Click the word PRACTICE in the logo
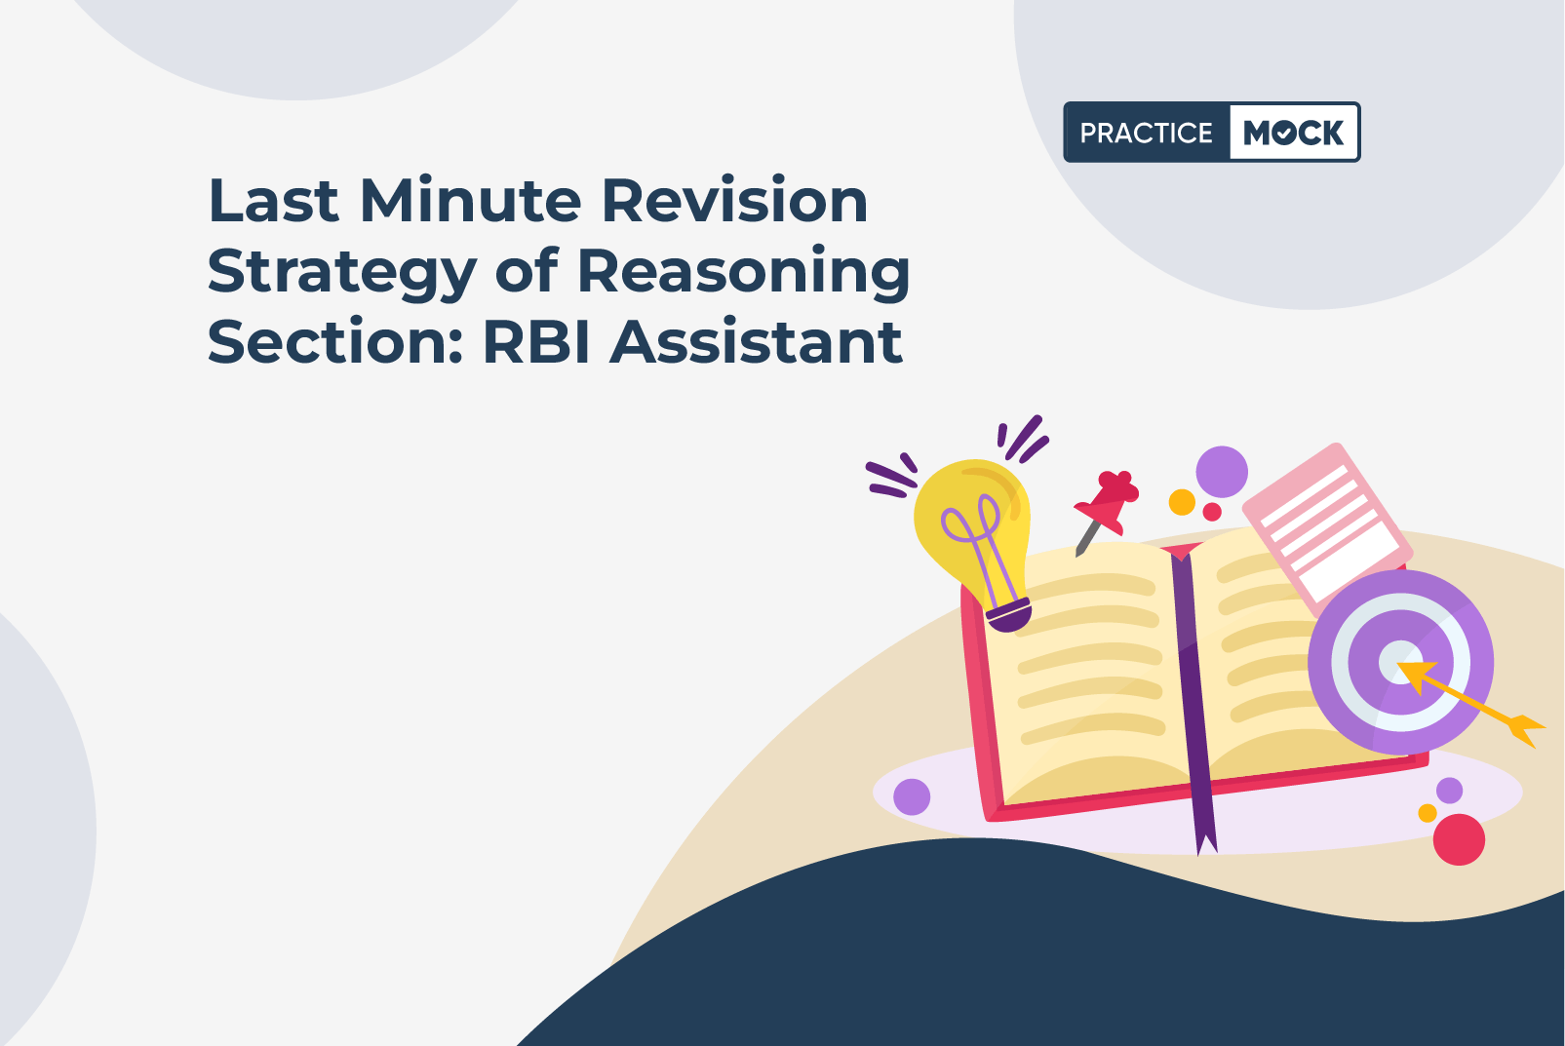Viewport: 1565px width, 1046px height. click(x=1146, y=133)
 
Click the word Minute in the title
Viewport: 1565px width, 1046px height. click(x=470, y=201)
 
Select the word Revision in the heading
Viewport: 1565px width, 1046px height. click(x=734, y=201)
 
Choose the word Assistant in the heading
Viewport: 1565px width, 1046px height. click(x=756, y=342)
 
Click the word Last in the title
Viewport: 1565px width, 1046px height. click(x=273, y=201)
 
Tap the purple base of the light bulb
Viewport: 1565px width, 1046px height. click(x=1008, y=614)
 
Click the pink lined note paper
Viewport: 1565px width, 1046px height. click(x=1327, y=527)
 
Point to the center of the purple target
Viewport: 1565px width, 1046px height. click(x=1400, y=662)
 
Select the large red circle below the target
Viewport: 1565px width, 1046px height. click(x=1459, y=839)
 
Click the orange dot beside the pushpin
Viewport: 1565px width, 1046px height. click(x=1182, y=502)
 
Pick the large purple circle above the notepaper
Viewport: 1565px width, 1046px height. click(x=1222, y=472)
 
